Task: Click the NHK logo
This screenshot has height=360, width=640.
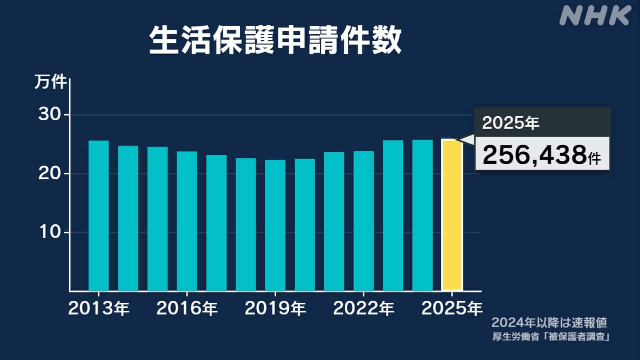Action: tap(594, 16)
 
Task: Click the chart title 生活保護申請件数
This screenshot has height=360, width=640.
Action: tap(275, 41)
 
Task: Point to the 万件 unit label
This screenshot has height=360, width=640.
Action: tap(50, 82)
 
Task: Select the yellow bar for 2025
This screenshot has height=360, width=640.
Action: tap(452, 215)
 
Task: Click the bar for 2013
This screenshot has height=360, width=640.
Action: tap(99, 216)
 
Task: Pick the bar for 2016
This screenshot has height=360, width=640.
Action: tap(187, 221)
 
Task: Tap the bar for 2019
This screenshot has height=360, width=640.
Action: tap(275, 225)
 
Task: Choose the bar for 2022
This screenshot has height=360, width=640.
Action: tap(363, 221)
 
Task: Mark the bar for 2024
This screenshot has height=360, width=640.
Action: tap(422, 215)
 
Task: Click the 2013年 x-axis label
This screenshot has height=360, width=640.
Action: tap(99, 308)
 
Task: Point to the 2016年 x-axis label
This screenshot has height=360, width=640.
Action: tap(187, 308)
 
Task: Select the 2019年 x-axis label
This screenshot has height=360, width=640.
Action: tap(275, 308)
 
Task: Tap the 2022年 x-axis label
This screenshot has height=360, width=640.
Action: tap(363, 308)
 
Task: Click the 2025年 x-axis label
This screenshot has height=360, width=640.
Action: tap(452, 308)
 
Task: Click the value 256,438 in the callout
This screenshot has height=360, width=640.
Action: tap(534, 156)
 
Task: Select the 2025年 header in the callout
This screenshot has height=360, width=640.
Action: tap(511, 123)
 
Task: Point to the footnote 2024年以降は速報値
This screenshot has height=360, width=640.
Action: tap(549, 322)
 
